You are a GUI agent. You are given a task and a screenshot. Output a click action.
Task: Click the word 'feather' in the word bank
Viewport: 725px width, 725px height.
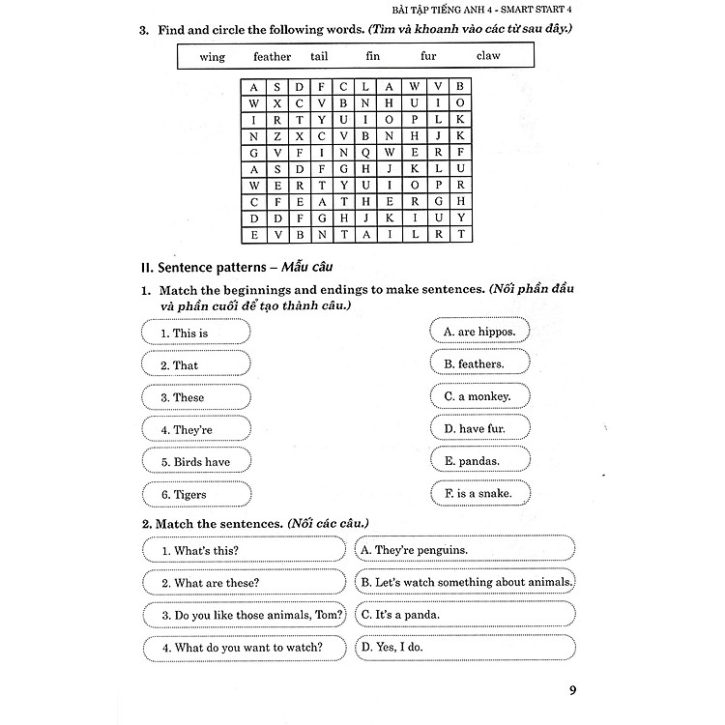coord(272,57)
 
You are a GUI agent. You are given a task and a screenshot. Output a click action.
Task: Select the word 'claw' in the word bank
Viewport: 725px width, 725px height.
coord(488,56)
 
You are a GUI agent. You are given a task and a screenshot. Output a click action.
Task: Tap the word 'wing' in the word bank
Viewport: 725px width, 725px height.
coord(212,57)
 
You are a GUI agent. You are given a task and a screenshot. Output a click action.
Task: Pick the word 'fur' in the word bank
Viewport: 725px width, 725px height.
coord(429,56)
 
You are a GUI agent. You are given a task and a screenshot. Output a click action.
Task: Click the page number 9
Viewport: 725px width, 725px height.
coord(572,690)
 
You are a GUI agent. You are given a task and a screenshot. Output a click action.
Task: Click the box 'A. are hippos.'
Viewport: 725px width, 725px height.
coord(478,332)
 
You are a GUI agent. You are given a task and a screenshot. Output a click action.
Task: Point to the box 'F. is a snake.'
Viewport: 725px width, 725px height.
coord(478,494)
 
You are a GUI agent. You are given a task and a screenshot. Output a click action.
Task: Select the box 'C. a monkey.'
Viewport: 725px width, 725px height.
coord(478,396)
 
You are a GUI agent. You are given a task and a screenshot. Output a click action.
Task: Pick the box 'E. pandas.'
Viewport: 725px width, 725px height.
coord(478,461)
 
